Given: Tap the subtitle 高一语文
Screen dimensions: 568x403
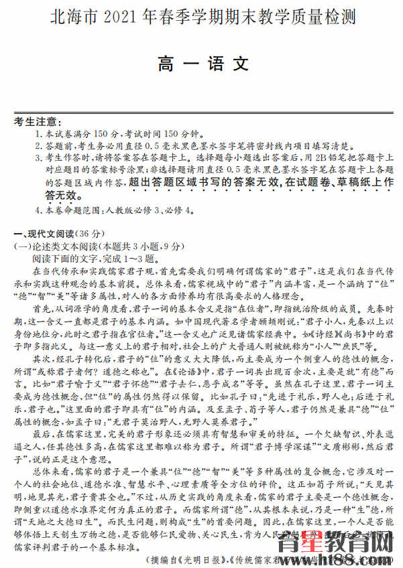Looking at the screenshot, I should [x=203, y=64].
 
